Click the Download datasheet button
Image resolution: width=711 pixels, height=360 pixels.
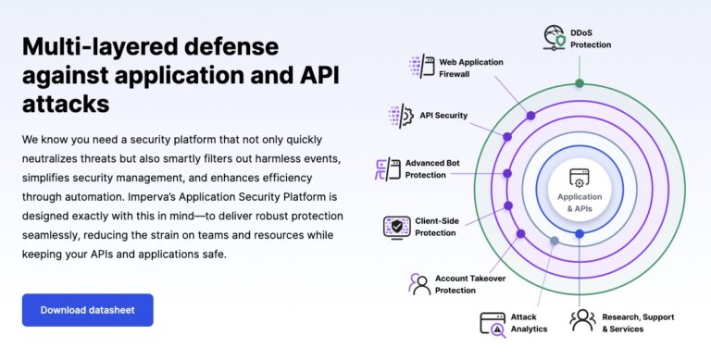tap(88, 310)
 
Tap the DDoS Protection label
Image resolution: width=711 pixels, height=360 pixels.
tap(591, 39)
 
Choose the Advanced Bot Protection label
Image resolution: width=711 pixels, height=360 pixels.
tap(432, 168)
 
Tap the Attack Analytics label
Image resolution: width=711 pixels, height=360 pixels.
tap(530, 322)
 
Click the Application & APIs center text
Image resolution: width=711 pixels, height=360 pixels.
tap(580, 202)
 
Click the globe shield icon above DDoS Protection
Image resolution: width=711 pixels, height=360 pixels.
tap(554, 38)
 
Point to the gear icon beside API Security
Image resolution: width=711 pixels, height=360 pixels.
tap(400, 116)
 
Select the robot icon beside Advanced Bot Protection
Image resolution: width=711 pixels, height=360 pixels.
tap(386, 168)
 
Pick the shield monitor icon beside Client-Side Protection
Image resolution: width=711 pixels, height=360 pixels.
tap(396, 227)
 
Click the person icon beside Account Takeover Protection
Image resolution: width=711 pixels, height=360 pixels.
tap(419, 283)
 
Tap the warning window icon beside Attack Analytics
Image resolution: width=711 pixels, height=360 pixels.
tap(492, 322)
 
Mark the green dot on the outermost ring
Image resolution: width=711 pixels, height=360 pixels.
tap(580, 83)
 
